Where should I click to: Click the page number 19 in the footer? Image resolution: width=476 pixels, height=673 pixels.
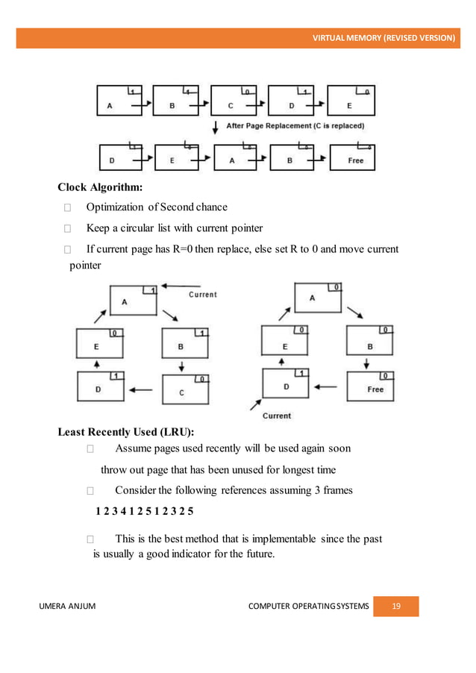395,607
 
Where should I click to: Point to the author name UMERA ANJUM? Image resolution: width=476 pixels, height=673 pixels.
73,607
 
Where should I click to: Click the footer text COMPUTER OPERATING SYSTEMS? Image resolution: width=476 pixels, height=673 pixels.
308,607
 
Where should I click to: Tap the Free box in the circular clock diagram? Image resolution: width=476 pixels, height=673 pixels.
370,386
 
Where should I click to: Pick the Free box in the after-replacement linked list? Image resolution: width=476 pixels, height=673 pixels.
352,159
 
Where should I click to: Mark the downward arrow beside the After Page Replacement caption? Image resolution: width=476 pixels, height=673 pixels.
216,126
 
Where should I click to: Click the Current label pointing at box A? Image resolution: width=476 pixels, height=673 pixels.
202,294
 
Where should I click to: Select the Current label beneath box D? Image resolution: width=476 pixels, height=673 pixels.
275,416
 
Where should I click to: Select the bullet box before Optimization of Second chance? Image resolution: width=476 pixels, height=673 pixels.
68,207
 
